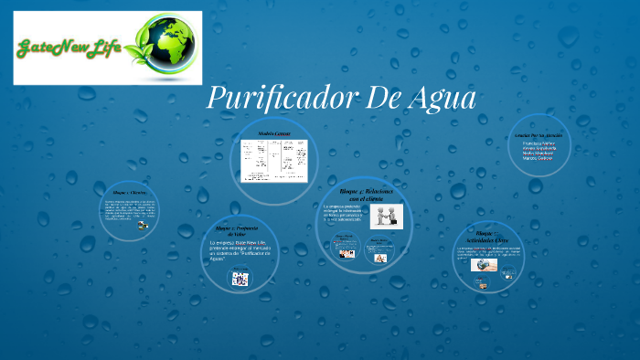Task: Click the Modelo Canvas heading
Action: tap(272, 133)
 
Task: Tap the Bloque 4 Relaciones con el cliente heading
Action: tap(363, 195)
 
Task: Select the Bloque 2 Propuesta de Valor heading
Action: tap(238, 230)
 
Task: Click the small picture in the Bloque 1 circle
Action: tap(144, 225)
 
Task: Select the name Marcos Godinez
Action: tap(539, 159)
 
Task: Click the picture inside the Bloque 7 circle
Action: tap(484, 265)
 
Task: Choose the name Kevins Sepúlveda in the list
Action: tap(540, 148)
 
